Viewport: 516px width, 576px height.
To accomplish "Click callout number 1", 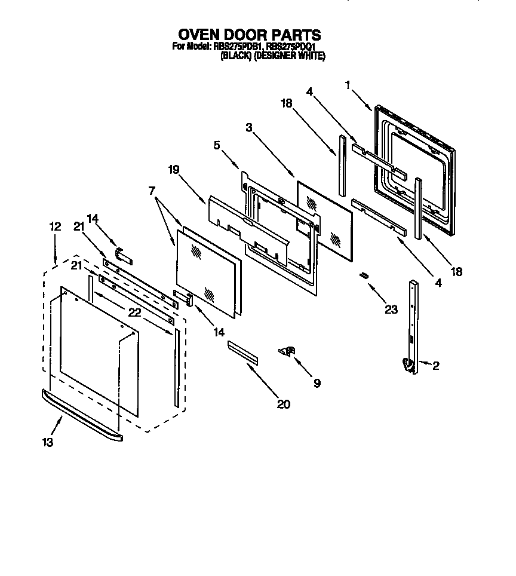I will pyautogui.click(x=348, y=85).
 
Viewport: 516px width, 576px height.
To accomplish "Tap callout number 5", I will pyautogui.click(x=217, y=145).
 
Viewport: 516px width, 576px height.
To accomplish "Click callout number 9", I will pyautogui.click(x=317, y=383).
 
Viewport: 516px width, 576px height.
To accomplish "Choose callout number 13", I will pyautogui.click(x=48, y=442).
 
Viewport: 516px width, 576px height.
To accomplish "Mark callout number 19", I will pyautogui.click(x=173, y=170).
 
